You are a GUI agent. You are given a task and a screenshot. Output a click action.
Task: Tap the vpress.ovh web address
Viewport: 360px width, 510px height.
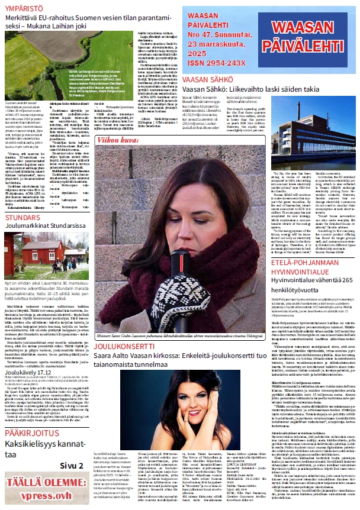point(44,495)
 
